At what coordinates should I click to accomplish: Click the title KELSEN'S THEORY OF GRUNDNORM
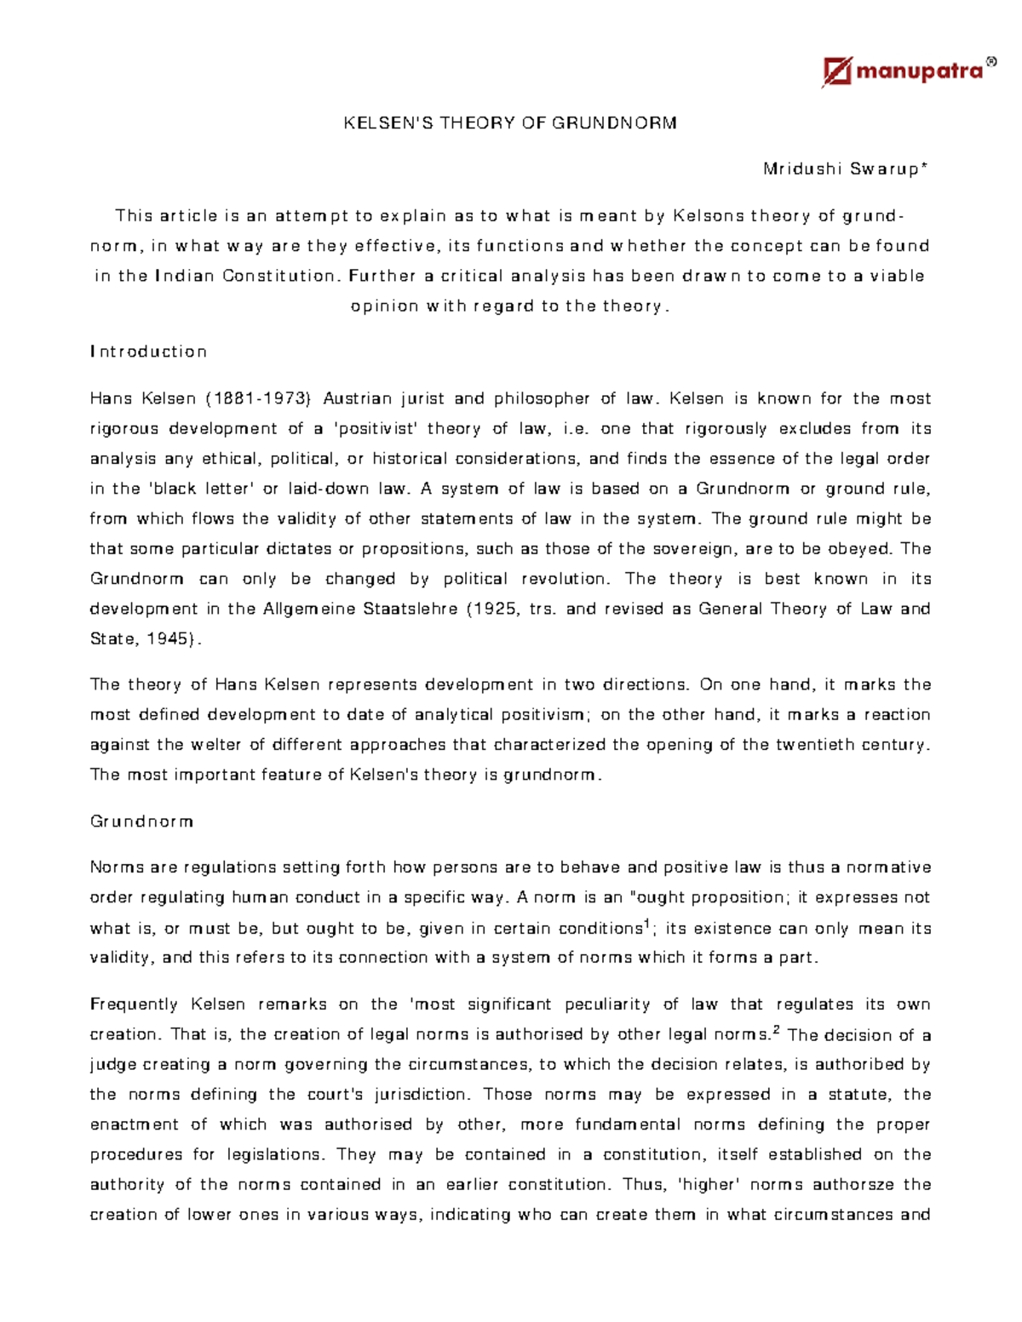[x=510, y=123]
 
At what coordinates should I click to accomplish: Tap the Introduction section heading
[x=148, y=352]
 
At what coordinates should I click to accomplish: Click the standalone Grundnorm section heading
[x=141, y=821]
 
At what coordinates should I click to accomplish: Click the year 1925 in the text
[x=493, y=609]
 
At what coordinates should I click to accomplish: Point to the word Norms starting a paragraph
[x=116, y=867]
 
